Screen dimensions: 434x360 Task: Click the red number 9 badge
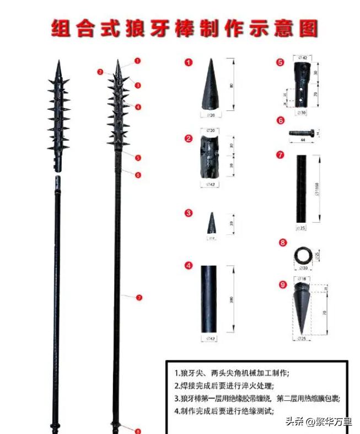pos(282,285)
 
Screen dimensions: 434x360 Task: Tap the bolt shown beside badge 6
pos(302,132)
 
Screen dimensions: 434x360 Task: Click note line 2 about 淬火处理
pos(223,385)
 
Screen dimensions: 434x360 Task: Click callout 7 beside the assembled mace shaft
pos(139,297)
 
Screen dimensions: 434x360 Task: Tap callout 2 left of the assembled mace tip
pos(100,72)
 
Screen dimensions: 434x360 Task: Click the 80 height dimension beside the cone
pos(231,85)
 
